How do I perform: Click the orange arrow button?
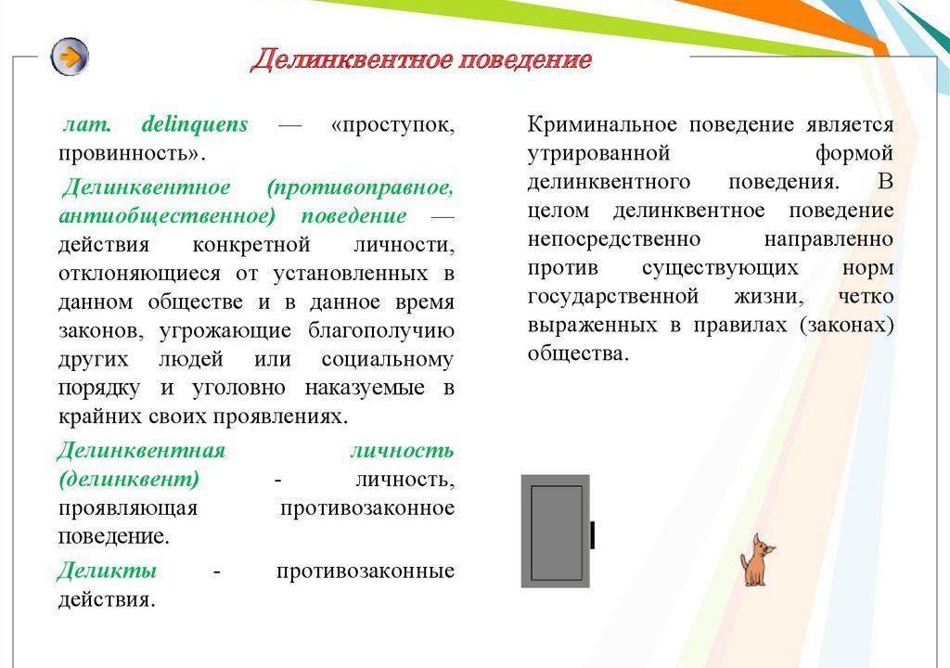pyautogui.click(x=70, y=57)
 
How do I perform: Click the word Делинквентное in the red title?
pyautogui.click(x=352, y=59)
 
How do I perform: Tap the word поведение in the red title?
pyautogui.click(x=525, y=59)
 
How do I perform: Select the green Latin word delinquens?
pyautogui.click(x=195, y=124)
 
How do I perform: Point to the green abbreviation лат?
pyautogui.click(x=87, y=124)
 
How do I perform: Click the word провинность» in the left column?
pyautogui.click(x=132, y=153)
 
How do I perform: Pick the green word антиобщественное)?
pyautogui.click(x=167, y=216)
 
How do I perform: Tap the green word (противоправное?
pyautogui.click(x=361, y=187)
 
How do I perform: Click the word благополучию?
pyautogui.click(x=381, y=331)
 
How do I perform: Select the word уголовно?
pyautogui.click(x=238, y=388)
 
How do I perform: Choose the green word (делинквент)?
pyautogui.click(x=129, y=480)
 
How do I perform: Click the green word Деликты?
pyautogui.click(x=108, y=571)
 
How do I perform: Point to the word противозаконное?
pyautogui.click(x=367, y=508)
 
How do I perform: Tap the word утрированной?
pyautogui.click(x=598, y=153)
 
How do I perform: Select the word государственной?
pyautogui.click(x=613, y=296)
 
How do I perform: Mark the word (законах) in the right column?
pyautogui.click(x=846, y=326)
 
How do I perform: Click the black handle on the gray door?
pyautogui.click(x=592, y=534)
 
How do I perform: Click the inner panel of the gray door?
pyautogui.click(x=557, y=533)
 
